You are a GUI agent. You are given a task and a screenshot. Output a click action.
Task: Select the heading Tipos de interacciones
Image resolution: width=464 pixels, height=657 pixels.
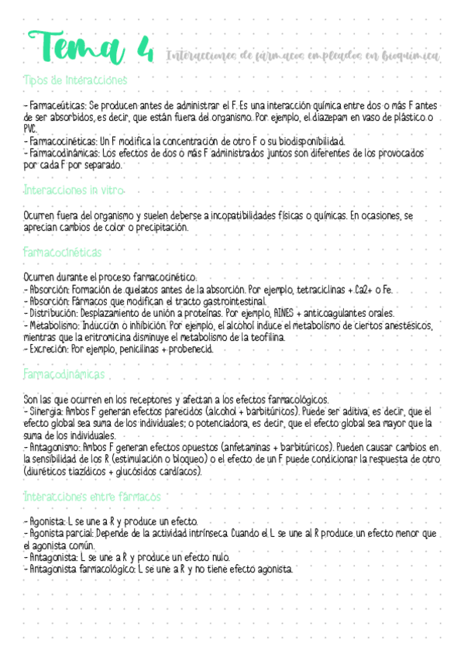76,80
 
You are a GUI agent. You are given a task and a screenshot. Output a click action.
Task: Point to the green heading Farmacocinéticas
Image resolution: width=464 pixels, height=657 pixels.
63,253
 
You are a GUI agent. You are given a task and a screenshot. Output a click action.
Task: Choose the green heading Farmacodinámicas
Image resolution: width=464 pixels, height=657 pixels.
65,374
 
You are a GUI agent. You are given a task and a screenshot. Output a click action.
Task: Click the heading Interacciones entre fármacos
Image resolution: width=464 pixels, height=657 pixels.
92,496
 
